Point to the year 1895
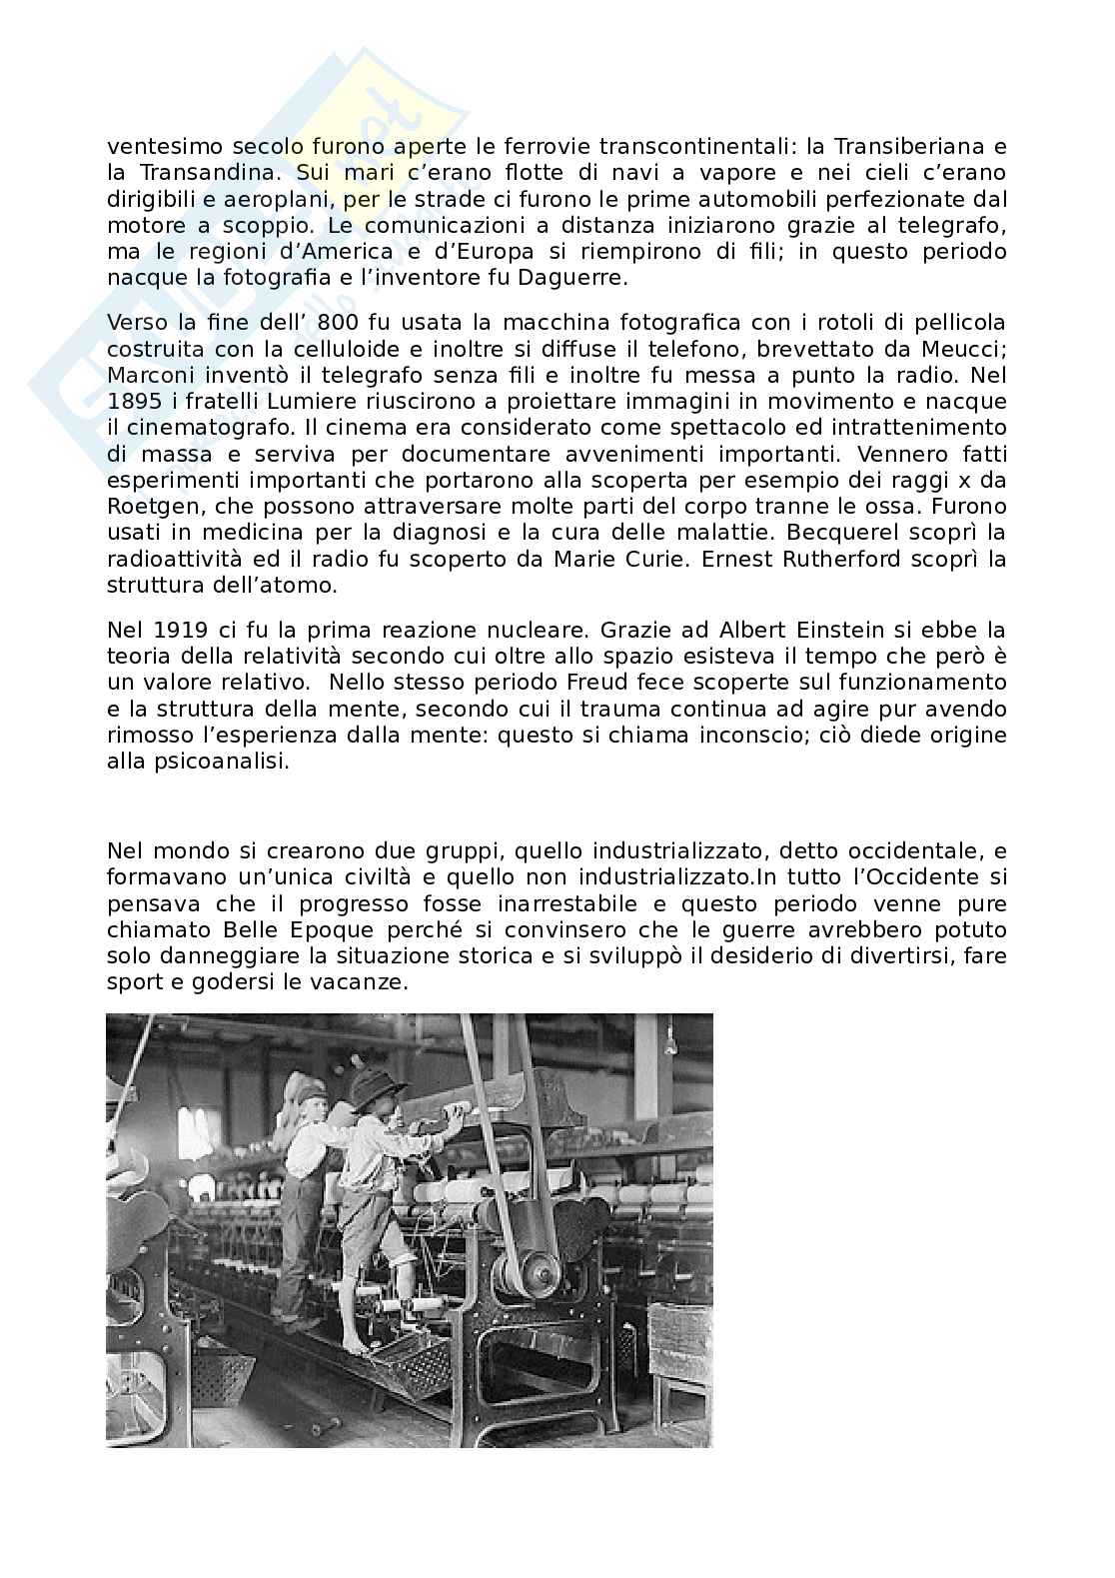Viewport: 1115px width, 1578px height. click(x=135, y=402)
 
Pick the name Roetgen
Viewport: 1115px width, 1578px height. click(x=144, y=507)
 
